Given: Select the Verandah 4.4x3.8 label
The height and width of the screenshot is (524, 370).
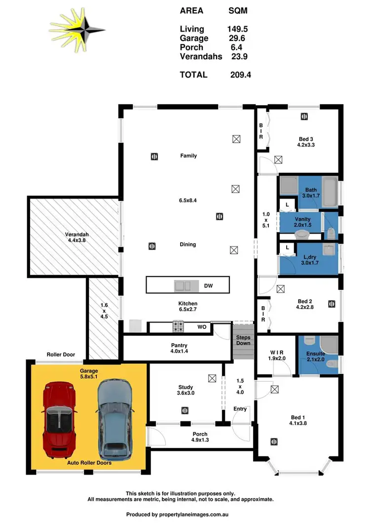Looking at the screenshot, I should point(76,238).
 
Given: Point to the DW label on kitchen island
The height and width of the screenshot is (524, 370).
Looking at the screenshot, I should point(209,285).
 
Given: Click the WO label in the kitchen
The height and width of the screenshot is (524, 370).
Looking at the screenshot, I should point(201,326).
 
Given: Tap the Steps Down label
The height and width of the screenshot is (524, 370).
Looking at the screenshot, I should point(243,340).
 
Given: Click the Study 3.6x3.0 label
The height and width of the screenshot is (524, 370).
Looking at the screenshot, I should point(185,390).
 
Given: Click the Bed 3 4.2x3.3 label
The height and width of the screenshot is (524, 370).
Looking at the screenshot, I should point(306,142).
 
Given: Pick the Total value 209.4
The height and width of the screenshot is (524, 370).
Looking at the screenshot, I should point(241,75).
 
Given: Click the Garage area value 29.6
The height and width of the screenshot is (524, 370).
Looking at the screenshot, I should point(238,39).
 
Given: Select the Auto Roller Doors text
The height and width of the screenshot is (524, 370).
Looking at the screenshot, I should point(89,463).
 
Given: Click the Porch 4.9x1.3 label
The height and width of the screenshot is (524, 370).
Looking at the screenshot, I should point(200,438).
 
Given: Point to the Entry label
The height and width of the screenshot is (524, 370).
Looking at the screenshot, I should point(240,408).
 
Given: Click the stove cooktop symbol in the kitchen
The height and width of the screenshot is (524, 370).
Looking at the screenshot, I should point(178,326).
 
